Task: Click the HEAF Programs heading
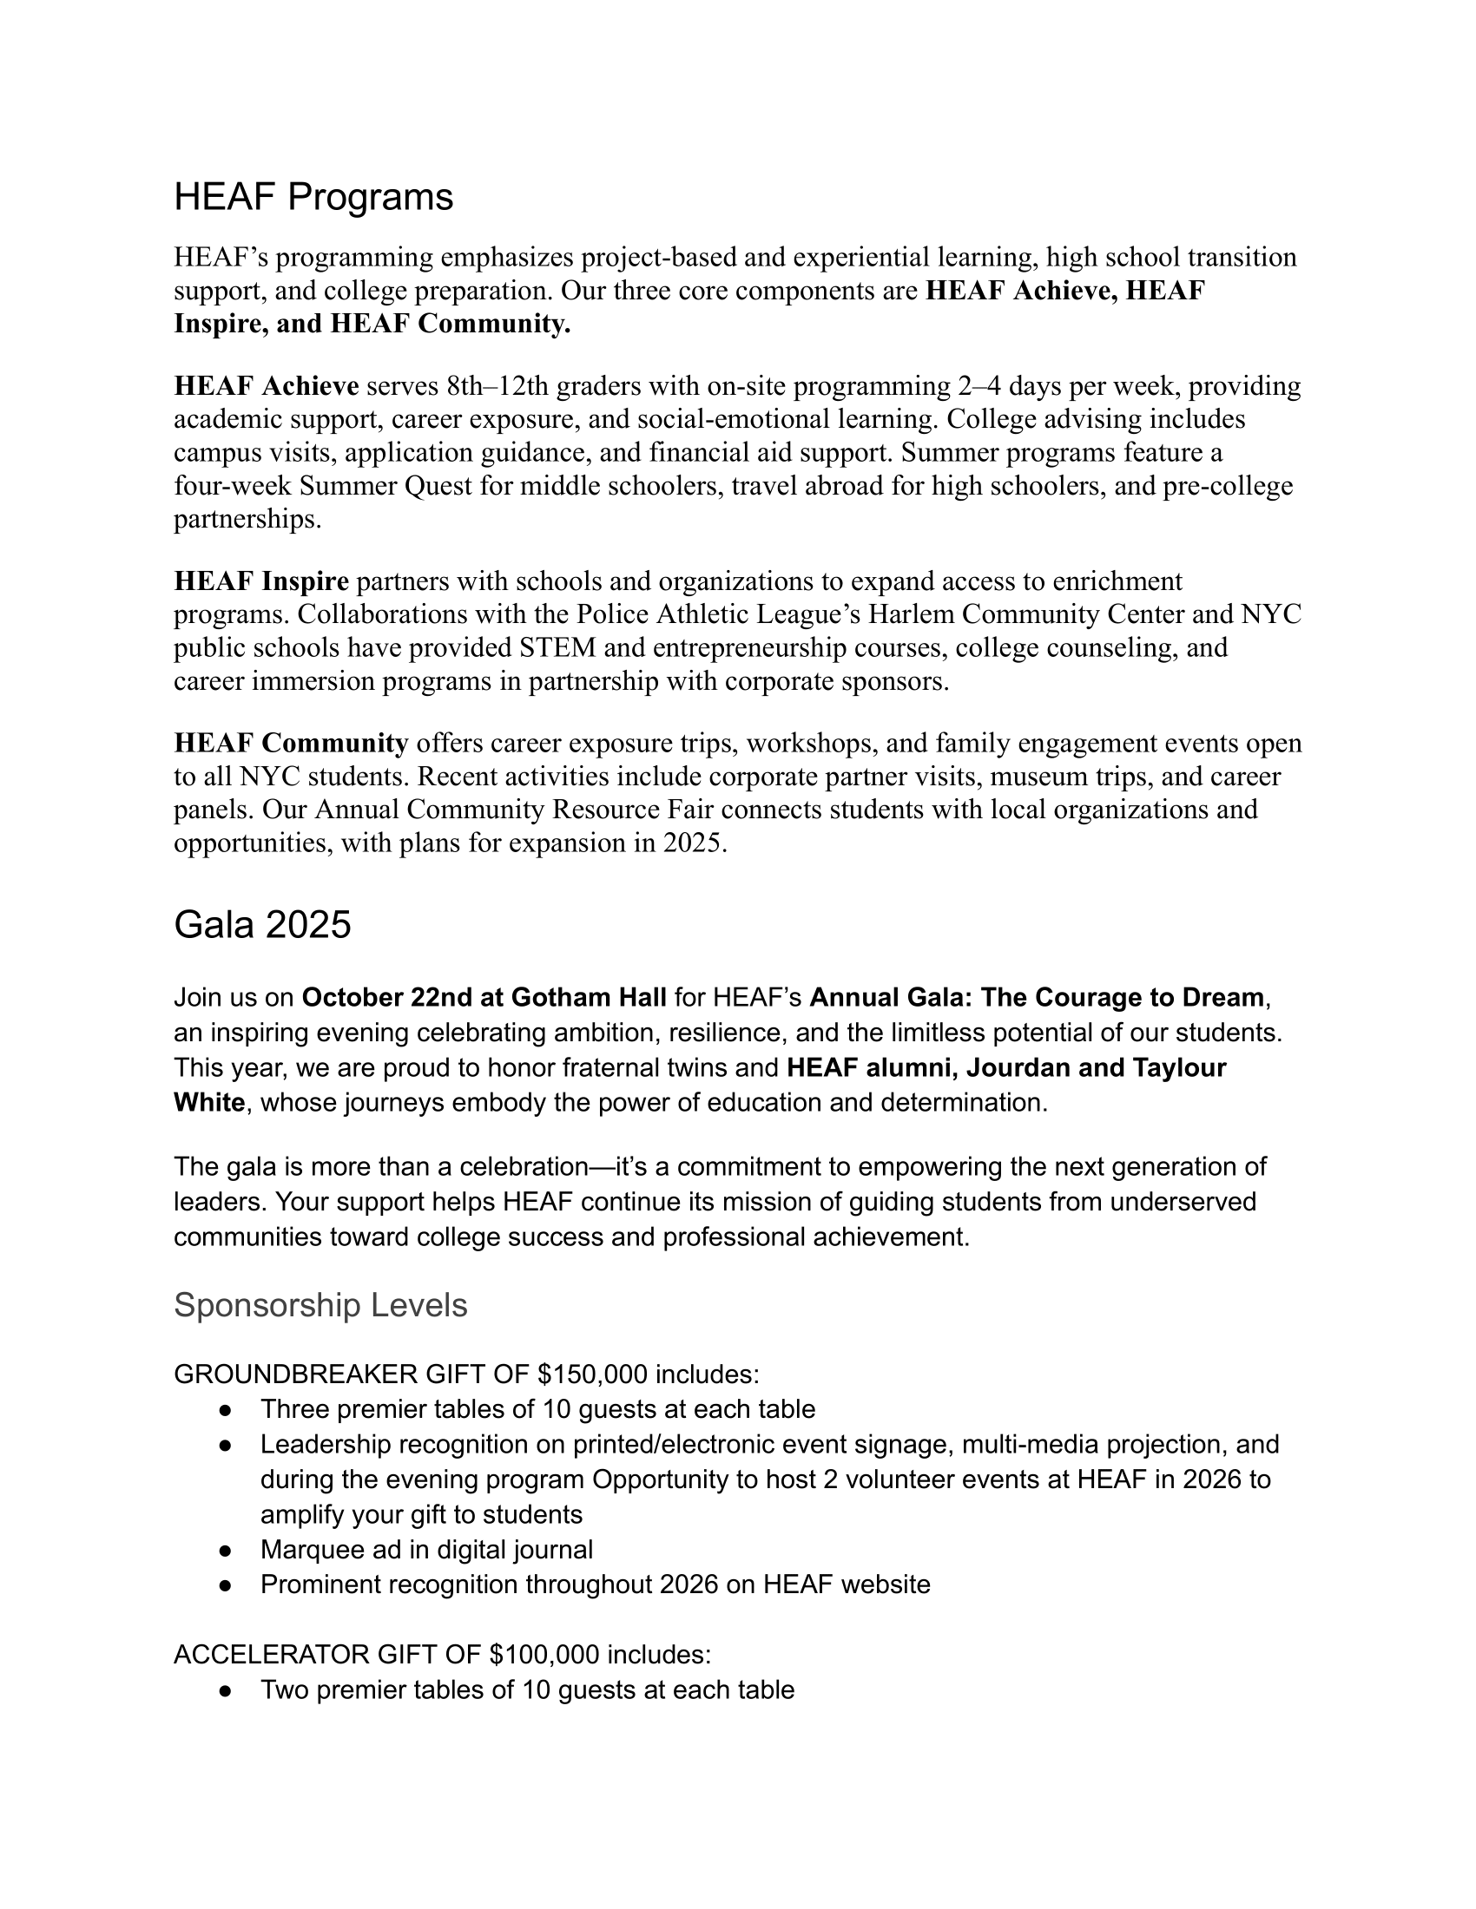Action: coord(313,197)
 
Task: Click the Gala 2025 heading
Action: coord(262,924)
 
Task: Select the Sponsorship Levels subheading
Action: coord(320,1305)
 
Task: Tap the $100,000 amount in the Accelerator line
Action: coord(544,1655)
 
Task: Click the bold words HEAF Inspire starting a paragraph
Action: coord(261,581)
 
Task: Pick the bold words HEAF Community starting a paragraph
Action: coord(290,743)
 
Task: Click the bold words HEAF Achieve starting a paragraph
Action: coord(266,386)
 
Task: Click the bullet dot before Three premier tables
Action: coord(225,1410)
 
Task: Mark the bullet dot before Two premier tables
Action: coord(225,1690)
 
